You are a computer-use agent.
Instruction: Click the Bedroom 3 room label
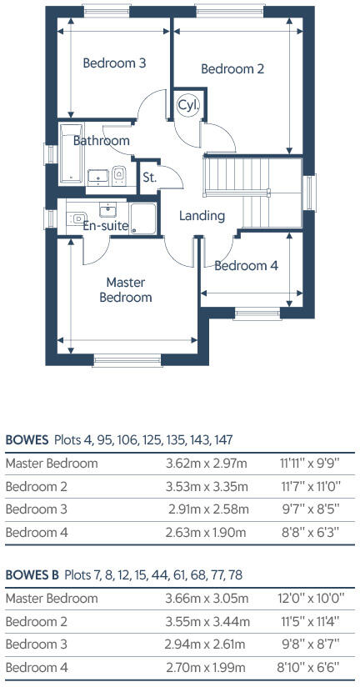click(x=114, y=63)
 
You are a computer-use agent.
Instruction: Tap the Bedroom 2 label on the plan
click(x=232, y=69)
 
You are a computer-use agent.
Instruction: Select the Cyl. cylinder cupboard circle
click(x=188, y=105)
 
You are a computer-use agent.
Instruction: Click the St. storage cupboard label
click(x=149, y=178)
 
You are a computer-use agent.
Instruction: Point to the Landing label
click(x=202, y=216)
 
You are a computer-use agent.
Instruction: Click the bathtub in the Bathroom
click(x=71, y=153)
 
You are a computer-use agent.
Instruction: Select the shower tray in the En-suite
click(x=142, y=218)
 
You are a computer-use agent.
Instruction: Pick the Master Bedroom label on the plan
click(x=126, y=289)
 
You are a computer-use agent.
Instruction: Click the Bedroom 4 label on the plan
click(x=246, y=266)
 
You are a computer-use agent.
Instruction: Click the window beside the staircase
click(x=311, y=193)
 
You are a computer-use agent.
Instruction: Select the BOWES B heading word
click(x=32, y=574)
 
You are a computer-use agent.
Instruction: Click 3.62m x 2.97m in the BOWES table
click(x=207, y=463)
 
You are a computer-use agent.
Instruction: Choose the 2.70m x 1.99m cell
click(x=207, y=668)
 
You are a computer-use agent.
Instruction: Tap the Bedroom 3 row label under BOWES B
click(x=37, y=644)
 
